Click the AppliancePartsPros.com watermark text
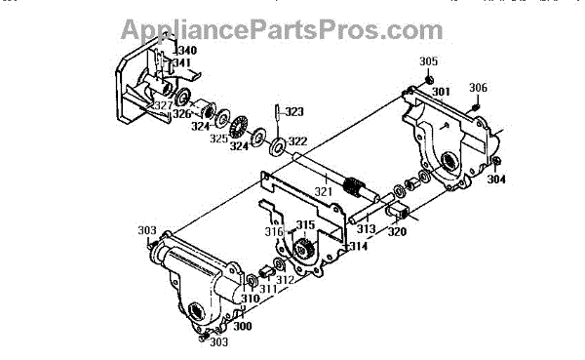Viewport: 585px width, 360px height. coord(282,29)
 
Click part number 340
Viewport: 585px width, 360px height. coord(186,50)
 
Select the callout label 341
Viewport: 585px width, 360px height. coord(182,62)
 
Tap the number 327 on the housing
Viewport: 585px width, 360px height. coord(163,105)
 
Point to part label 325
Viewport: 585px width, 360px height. coord(218,139)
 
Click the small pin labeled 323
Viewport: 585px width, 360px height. coord(278,112)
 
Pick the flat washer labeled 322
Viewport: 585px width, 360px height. coord(278,147)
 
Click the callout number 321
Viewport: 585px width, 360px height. coord(323,191)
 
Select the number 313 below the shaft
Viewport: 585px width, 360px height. coord(366,228)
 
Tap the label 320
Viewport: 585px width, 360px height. coord(397,232)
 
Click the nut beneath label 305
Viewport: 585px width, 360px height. coord(429,80)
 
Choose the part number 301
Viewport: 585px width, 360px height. coord(442,92)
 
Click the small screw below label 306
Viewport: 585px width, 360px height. coord(476,107)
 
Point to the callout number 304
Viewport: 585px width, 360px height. coord(496,180)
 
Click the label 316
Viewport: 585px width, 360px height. coord(274,232)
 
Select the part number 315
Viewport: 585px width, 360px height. coord(305,224)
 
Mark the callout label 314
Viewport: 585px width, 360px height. coord(358,246)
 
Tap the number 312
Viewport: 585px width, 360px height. coord(285,280)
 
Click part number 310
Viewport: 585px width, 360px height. coord(250,299)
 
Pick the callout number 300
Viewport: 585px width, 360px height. coord(243,326)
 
